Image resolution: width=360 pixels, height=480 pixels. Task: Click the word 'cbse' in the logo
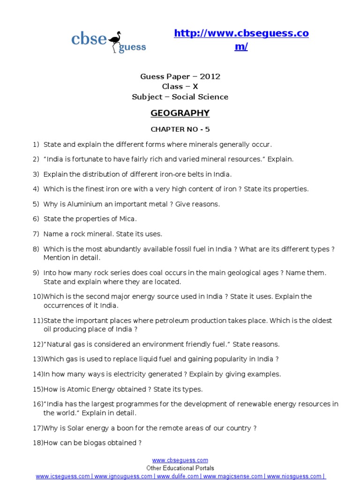[x=89, y=39]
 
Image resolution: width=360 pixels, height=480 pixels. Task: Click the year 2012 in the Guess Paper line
[x=210, y=76]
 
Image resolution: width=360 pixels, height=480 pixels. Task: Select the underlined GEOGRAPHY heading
[x=180, y=113]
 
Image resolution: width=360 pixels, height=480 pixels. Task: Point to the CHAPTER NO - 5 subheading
[x=180, y=129]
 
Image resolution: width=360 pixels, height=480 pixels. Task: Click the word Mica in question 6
[x=128, y=219]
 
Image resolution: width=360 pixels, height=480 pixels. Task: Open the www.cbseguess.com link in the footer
[x=180, y=460]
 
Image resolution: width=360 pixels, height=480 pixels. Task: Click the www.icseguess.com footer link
[x=63, y=476]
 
